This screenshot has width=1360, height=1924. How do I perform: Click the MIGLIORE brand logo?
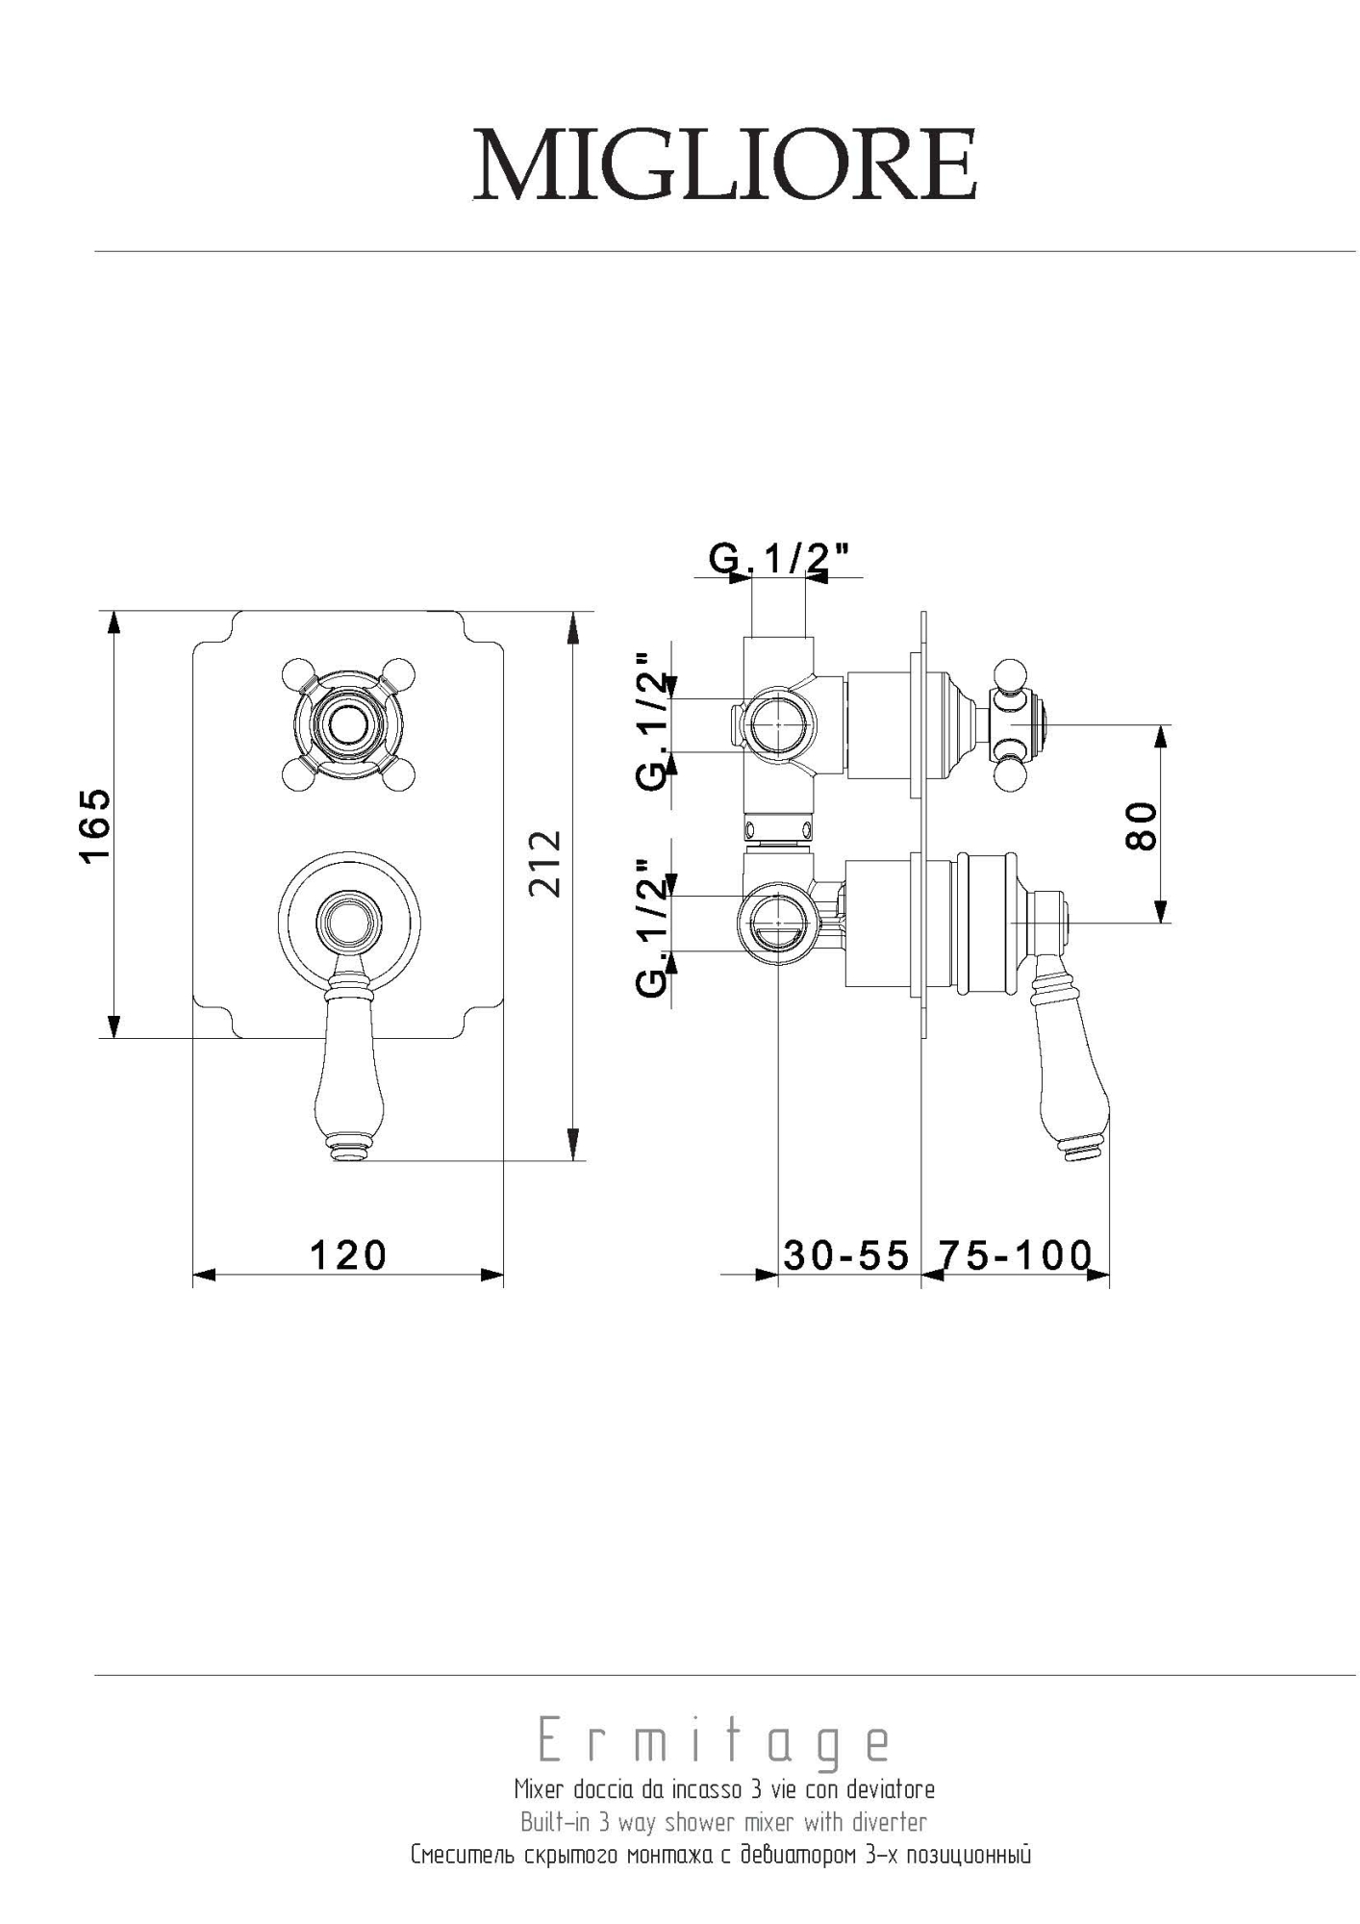click(x=725, y=165)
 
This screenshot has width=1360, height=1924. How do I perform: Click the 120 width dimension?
click(x=348, y=1255)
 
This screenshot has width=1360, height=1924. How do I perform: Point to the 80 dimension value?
click(x=1142, y=824)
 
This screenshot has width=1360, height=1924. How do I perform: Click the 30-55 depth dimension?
click(x=846, y=1255)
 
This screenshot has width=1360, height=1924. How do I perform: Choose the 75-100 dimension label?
click(x=1016, y=1255)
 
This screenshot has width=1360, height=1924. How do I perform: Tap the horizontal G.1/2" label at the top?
click(x=780, y=558)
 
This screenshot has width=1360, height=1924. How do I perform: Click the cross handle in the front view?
click(x=349, y=722)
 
